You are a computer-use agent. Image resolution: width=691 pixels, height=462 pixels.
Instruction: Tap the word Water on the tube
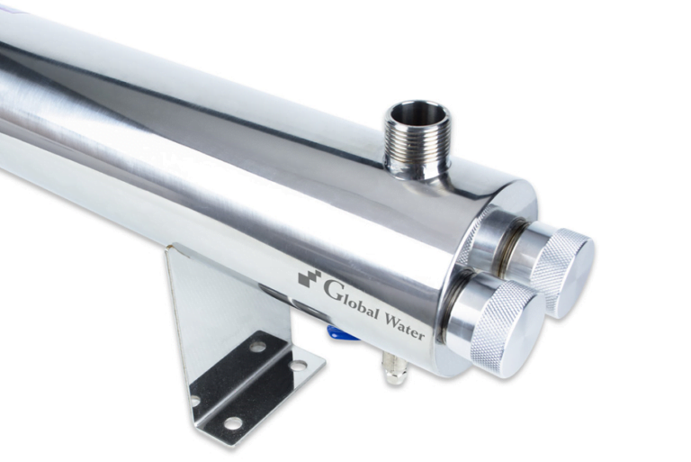pyautogui.click(x=405, y=326)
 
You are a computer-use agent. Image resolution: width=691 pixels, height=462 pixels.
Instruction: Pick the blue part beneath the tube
pyautogui.click(x=341, y=334)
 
